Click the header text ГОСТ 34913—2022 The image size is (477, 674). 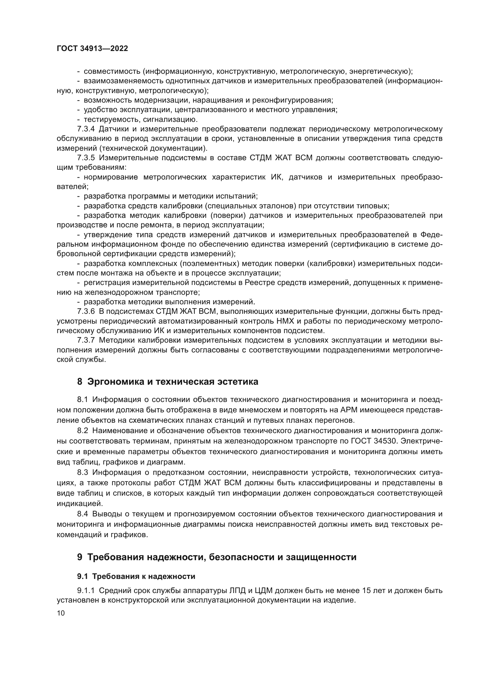tap(92, 49)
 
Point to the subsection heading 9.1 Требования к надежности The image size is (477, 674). tap(136, 576)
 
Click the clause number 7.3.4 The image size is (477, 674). tap(86, 129)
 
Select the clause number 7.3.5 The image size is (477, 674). tap(86, 158)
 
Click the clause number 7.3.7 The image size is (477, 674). tap(86, 340)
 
